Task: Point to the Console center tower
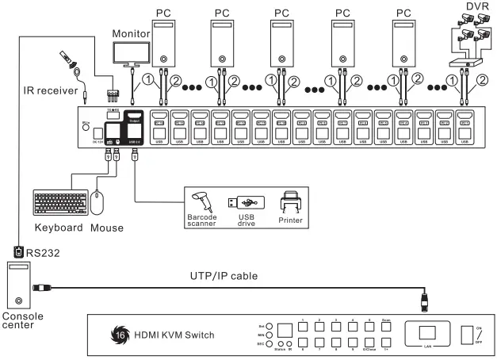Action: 19,285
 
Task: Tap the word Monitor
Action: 131,34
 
